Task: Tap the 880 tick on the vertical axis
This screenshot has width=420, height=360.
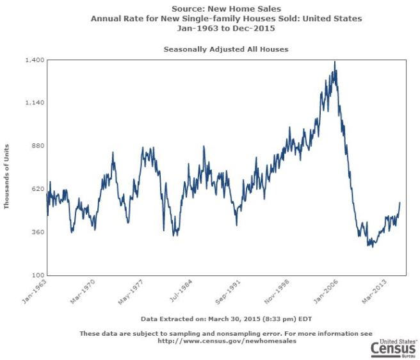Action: [37, 145]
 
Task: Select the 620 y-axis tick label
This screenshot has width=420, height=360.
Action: [37, 189]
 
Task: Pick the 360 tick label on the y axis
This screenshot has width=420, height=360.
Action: [37, 232]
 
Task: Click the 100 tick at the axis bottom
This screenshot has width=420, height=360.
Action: [37, 275]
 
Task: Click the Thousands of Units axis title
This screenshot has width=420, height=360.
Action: [8, 168]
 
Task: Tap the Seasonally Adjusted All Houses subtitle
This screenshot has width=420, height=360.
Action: [226, 49]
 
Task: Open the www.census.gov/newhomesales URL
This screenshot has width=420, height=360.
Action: [226, 341]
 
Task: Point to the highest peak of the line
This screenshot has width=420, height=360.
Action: [335, 62]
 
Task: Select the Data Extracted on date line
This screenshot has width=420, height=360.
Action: [226, 318]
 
